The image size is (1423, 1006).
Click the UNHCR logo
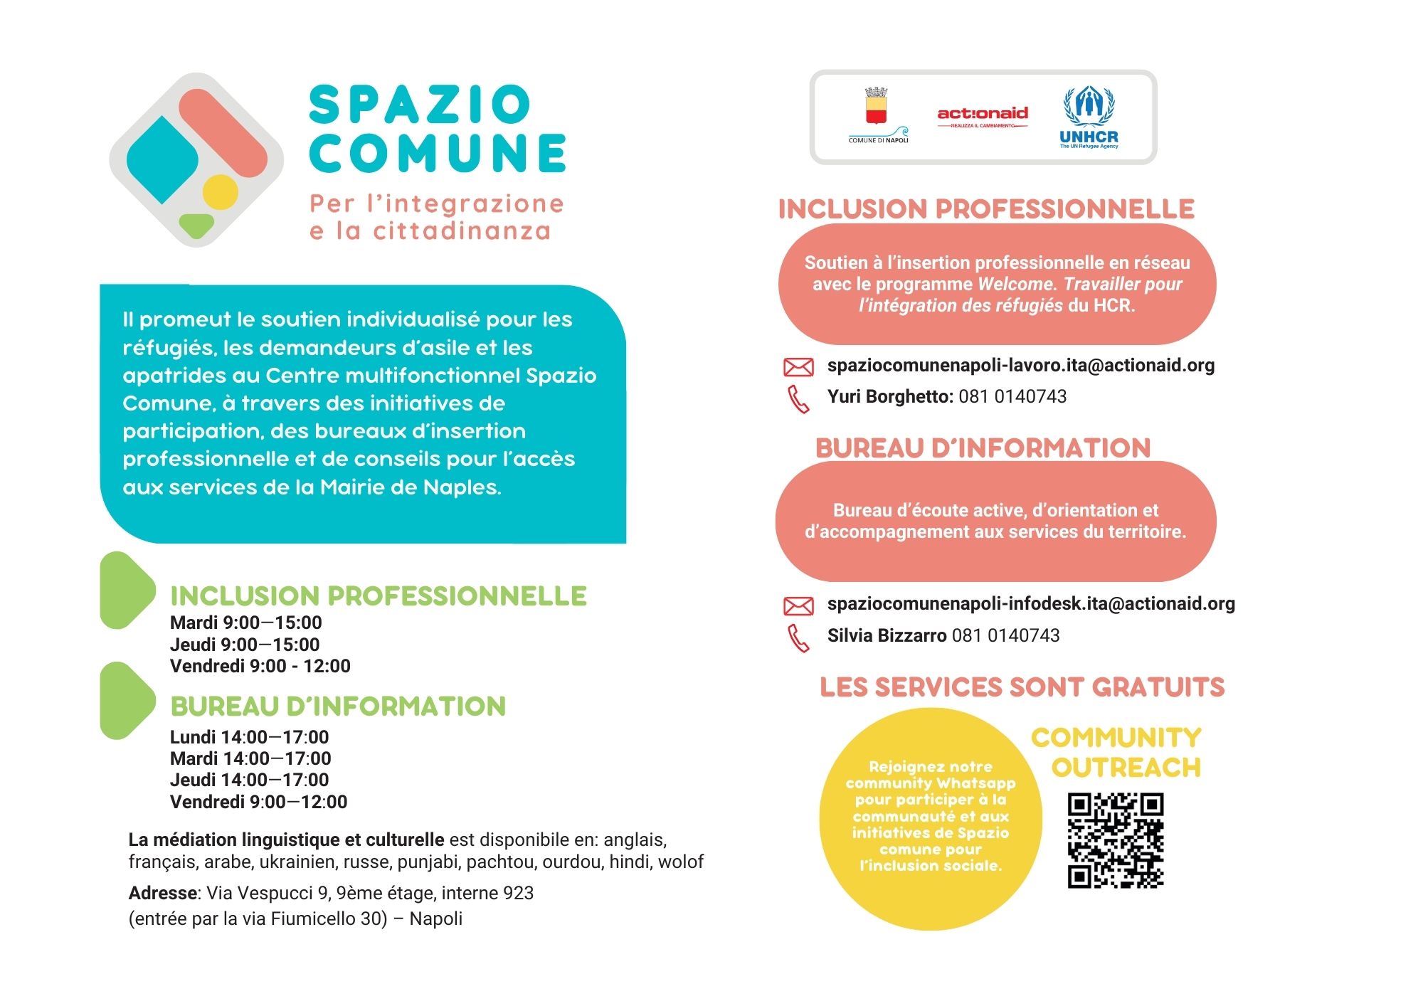point(1089,117)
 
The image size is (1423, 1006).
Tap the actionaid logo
point(983,115)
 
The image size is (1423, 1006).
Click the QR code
point(1115,840)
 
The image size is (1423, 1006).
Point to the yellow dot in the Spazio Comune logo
point(220,191)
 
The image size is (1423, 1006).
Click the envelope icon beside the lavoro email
point(798,367)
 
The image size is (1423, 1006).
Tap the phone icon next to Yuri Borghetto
point(798,399)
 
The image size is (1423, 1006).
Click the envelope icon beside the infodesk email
point(798,605)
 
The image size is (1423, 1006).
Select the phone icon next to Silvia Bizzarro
point(798,638)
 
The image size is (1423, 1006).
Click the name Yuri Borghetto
point(889,397)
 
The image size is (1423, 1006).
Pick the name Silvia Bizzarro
point(887,635)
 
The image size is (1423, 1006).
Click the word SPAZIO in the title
point(420,105)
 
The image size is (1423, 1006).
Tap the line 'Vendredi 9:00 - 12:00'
point(260,667)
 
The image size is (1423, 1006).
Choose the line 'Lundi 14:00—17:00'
point(249,737)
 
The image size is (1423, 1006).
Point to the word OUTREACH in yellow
point(1126,768)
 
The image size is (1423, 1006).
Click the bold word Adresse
point(163,893)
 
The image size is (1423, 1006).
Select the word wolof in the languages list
point(680,862)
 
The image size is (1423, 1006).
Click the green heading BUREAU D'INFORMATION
point(338,706)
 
